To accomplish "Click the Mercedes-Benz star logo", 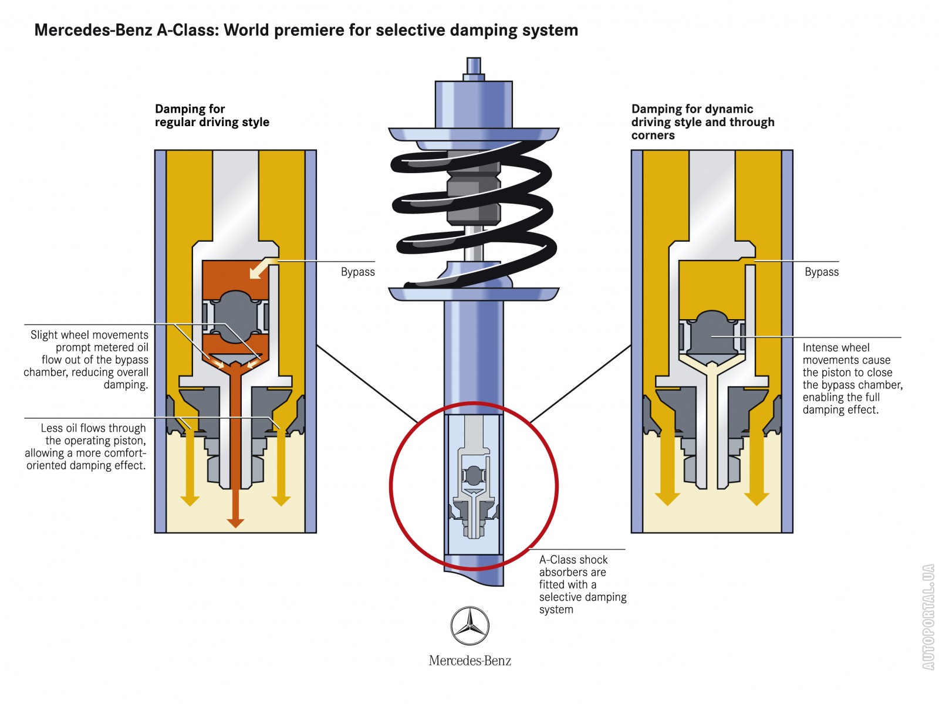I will coord(469,626).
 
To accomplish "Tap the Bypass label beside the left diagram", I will coord(357,272).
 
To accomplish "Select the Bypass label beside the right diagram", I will coord(821,272).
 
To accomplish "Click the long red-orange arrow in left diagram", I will coord(235,446).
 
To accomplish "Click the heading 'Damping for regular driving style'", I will coord(211,116).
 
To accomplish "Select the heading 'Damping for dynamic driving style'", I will coord(702,122).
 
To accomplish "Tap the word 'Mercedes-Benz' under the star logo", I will coord(469,661).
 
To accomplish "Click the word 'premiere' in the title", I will coord(309,30).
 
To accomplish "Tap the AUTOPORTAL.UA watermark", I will coord(928,616).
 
